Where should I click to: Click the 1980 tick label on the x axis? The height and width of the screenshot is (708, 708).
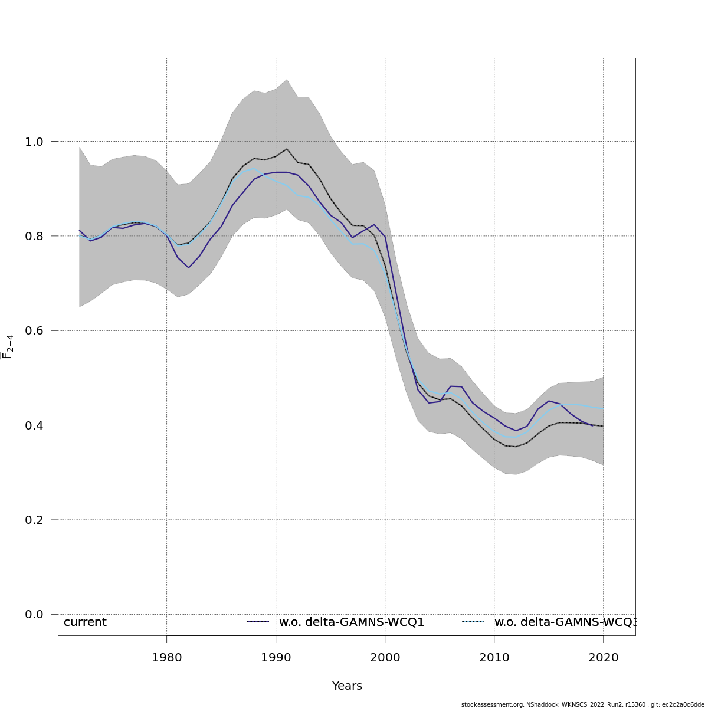[166, 657]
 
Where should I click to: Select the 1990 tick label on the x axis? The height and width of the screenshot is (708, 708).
[276, 657]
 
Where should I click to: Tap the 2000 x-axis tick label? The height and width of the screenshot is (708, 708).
[385, 657]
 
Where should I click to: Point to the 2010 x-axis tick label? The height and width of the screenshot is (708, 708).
[494, 657]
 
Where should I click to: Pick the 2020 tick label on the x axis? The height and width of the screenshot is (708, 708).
[603, 657]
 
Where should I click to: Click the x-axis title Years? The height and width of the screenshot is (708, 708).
[347, 686]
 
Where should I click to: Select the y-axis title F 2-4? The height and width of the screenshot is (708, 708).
[8, 346]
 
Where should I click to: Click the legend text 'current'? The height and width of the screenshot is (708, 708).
[85, 622]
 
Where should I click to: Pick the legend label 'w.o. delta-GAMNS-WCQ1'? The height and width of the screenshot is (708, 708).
[352, 622]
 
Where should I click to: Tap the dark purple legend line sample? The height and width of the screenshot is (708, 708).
[258, 622]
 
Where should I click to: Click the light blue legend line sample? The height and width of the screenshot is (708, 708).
[473, 622]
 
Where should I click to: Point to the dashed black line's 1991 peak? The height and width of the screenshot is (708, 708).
[287, 149]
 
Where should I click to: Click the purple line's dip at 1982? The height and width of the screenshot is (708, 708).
[188, 268]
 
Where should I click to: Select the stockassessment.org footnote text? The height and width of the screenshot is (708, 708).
[582, 704]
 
